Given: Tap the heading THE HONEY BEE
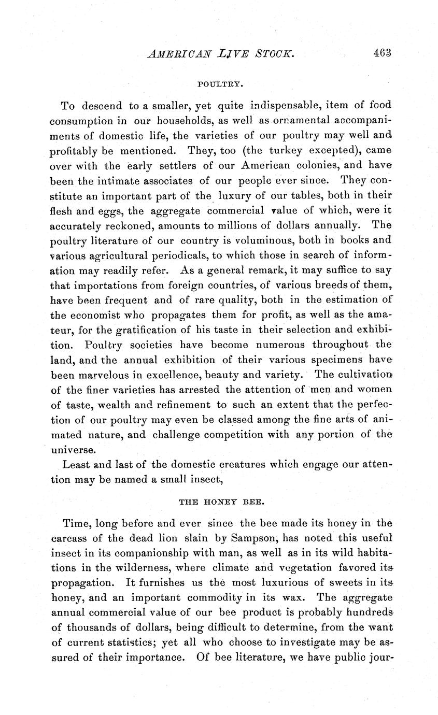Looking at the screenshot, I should coord(222,502).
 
